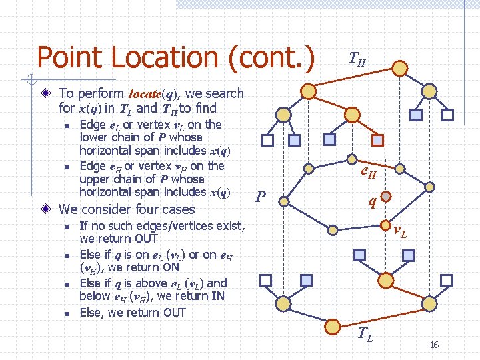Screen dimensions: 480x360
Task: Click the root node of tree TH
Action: coord(399,69)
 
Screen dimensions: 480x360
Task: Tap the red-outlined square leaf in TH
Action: coord(377,140)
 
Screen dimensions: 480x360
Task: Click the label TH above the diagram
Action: coord(357,62)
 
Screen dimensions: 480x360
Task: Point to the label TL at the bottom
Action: coord(365,335)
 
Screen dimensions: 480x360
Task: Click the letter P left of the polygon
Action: coord(261,197)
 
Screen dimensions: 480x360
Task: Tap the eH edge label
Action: coord(368,175)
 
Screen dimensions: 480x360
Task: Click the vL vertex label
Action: coord(400,232)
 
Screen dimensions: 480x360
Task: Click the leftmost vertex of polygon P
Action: coord(283,199)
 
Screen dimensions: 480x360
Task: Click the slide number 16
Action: coord(434,345)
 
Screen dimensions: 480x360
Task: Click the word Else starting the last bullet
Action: coord(91,312)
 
